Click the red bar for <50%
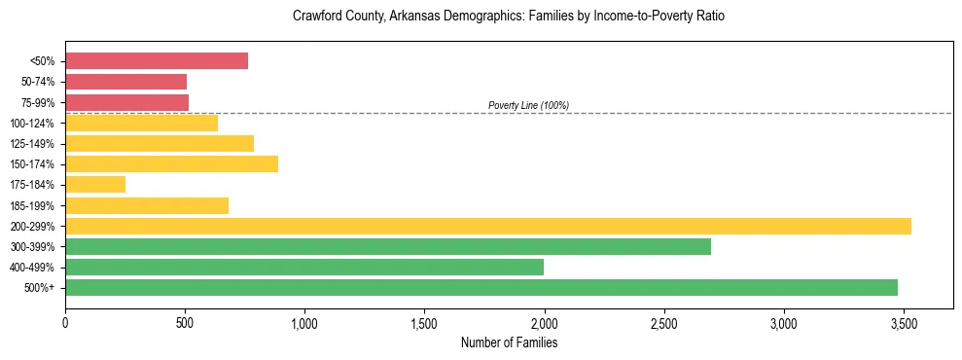(157, 60)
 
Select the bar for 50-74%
(125, 82)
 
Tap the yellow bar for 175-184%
(95, 185)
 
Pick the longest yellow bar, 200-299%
(487, 226)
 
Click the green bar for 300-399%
(387, 246)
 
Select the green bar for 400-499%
(303, 267)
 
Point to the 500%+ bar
(481, 287)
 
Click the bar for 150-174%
(171, 163)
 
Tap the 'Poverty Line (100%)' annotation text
(528, 105)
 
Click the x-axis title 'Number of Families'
(509, 342)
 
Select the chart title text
(509, 17)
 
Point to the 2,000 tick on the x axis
(544, 322)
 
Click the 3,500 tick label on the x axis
(903, 322)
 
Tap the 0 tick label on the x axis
(65, 322)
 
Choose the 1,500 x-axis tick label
(424, 322)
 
